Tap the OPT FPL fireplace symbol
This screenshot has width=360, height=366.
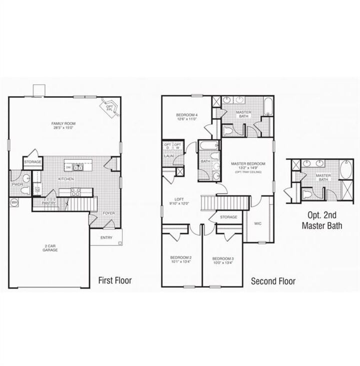pos(110,106)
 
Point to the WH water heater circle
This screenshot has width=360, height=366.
pos(14,202)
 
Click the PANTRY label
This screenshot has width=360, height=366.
pos(48,203)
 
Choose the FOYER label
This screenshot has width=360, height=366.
pos(108,213)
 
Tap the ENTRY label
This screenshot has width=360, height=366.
pos(106,237)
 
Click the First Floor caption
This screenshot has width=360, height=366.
pos(115,280)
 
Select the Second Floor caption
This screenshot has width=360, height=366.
pos(273,281)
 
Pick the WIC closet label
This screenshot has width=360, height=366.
pos(257,223)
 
